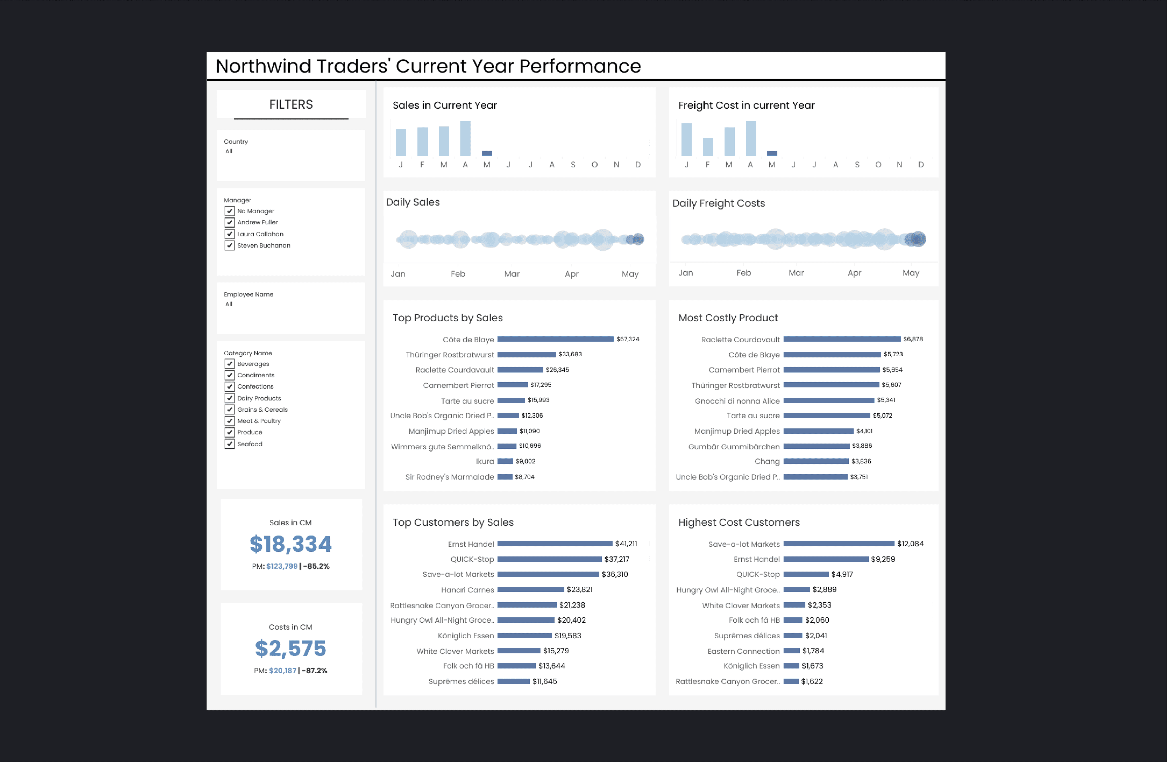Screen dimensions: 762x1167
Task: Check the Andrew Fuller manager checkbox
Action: pyautogui.click(x=229, y=222)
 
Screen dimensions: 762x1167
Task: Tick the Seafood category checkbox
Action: pyautogui.click(x=229, y=444)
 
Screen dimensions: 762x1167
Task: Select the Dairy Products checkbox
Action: pyautogui.click(x=229, y=398)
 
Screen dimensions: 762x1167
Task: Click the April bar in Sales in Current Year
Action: pyautogui.click(x=465, y=138)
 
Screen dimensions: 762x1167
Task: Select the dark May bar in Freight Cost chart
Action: pyautogui.click(x=772, y=153)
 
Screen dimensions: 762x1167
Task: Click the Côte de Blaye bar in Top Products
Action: pyautogui.click(x=555, y=339)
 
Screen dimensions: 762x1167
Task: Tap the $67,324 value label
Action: pyautogui.click(x=628, y=339)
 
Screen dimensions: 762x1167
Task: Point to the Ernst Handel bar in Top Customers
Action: pyautogui.click(x=554, y=544)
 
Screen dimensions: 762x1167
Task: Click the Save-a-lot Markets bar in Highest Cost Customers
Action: pyautogui.click(x=838, y=544)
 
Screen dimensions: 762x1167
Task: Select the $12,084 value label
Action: pyautogui.click(x=910, y=544)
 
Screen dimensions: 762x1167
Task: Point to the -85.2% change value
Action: pyautogui.click(x=316, y=566)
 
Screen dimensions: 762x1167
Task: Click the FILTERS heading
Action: pyautogui.click(x=291, y=105)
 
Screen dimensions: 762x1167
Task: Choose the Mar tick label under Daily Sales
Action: pyautogui.click(x=511, y=274)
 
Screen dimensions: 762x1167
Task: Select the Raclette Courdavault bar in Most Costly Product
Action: pyautogui.click(x=841, y=339)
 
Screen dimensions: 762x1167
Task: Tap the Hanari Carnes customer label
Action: pyautogui.click(x=467, y=590)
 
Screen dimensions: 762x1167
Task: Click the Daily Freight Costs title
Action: pyautogui.click(x=718, y=203)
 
